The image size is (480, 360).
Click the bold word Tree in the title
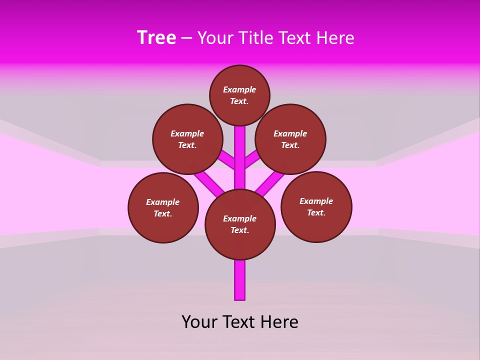coord(156,38)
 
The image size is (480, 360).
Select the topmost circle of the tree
coord(239,95)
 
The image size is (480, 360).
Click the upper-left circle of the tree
coord(187,139)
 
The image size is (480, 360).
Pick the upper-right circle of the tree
coord(290,139)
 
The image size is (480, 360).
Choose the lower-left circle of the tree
coord(163,207)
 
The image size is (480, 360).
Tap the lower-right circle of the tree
coord(316,206)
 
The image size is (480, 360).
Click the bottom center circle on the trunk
coord(240,224)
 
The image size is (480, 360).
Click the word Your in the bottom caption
coord(199,322)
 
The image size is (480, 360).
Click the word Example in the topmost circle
coord(239,89)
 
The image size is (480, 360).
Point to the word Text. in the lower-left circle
coord(162,213)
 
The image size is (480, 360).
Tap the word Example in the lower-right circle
coord(316,201)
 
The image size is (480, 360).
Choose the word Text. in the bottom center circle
coord(240,230)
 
